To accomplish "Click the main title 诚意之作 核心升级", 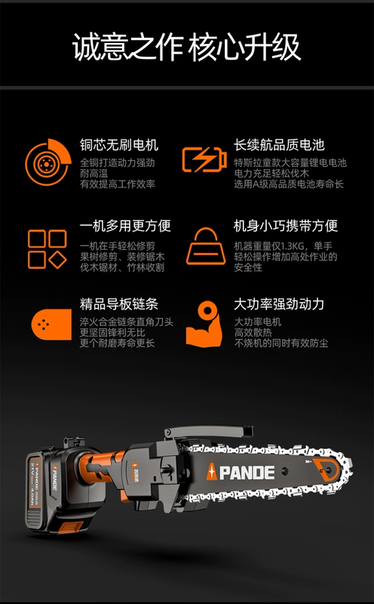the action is click(186, 47).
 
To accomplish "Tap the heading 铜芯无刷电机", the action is click(119, 145).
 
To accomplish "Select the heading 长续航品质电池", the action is click(279, 145).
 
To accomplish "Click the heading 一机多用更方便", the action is click(125, 226).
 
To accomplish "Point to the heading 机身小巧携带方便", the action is click(286, 226).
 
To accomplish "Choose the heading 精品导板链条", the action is click(119, 304).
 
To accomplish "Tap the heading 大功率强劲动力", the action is click(279, 304).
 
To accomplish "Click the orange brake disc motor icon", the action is click(48, 162).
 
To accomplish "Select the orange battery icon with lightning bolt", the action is click(204, 159).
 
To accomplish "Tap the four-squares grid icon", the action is click(48, 249).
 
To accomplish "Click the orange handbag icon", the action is click(206, 246).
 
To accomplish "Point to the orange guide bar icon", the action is click(51, 325).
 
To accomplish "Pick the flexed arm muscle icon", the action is click(204, 324).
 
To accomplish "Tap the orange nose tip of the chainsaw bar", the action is click(327, 470).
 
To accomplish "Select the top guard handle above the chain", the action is click(208, 431).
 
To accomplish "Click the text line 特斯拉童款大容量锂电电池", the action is click(290, 163).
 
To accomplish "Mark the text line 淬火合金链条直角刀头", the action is click(127, 322).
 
